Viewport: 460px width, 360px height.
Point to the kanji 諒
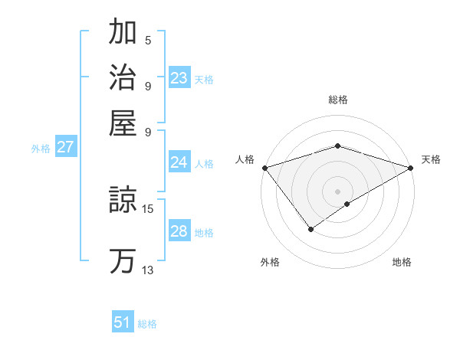(123, 201)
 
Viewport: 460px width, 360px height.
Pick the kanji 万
(123, 260)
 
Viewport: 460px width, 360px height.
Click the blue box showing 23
(179, 78)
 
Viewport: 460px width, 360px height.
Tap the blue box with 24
(179, 162)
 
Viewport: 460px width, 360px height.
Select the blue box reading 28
(179, 231)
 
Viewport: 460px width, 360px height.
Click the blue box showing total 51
(123, 322)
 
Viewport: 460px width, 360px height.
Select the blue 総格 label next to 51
(147, 324)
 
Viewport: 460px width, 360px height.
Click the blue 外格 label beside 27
(41, 149)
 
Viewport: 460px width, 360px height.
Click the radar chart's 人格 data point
(264, 168)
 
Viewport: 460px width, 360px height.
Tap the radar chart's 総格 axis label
(338, 100)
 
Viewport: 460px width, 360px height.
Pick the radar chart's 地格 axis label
(402, 262)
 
